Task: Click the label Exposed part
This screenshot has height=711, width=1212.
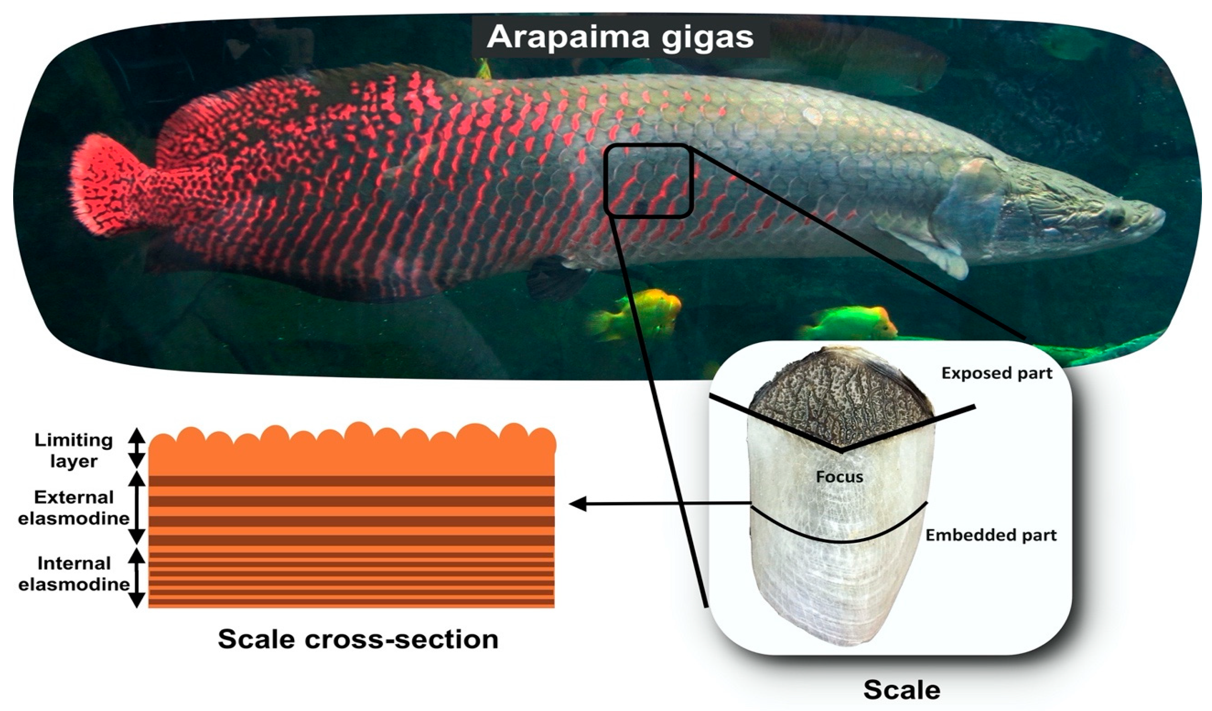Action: click(x=996, y=373)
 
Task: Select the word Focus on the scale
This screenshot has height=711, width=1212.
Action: click(x=840, y=477)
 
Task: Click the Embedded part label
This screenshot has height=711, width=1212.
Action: click(x=991, y=535)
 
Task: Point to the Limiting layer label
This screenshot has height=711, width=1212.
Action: click(x=74, y=450)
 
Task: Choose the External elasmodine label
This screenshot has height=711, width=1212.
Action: click(x=74, y=507)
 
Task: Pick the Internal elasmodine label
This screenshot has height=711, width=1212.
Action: click(x=74, y=574)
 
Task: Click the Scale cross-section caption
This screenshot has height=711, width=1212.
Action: click(x=358, y=639)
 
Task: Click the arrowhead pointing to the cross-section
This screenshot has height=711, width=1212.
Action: click(x=577, y=504)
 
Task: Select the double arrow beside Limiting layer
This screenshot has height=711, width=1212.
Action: click(x=137, y=448)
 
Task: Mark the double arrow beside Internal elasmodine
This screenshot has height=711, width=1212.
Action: click(x=137, y=578)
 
